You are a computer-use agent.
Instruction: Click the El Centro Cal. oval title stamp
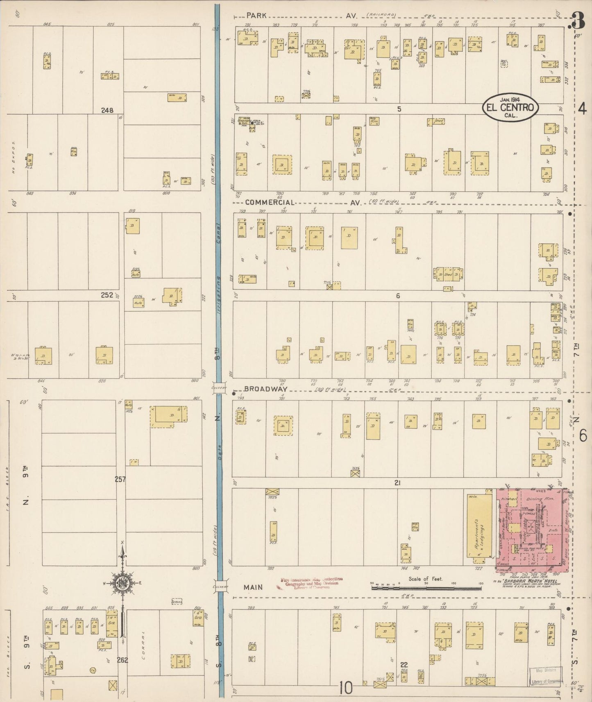coord(510,107)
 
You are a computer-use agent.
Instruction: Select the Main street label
coord(253,587)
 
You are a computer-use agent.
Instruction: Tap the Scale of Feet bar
coord(426,588)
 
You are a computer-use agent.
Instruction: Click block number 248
coord(107,110)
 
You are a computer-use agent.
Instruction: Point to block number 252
coord(107,295)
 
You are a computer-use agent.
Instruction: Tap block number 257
coord(120,479)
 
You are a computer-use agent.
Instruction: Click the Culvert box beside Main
coord(220,587)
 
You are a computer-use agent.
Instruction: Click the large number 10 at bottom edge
coord(346,688)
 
